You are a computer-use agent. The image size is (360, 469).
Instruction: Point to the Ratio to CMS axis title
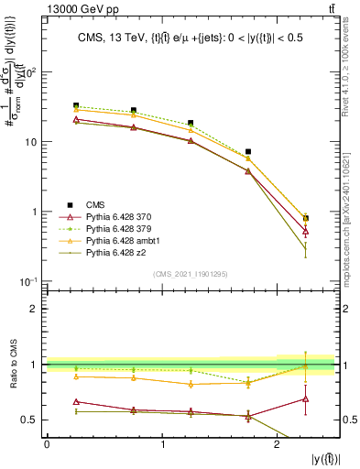(x=12, y=365)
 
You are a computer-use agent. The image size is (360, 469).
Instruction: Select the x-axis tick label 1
(x=162, y=443)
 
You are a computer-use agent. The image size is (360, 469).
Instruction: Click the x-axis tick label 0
(x=47, y=443)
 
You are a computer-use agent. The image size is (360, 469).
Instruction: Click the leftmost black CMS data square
(x=76, y=106)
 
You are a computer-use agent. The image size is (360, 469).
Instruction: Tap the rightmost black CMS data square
(x=306, y=218)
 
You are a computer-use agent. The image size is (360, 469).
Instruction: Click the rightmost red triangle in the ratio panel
(x=306, y=399)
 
